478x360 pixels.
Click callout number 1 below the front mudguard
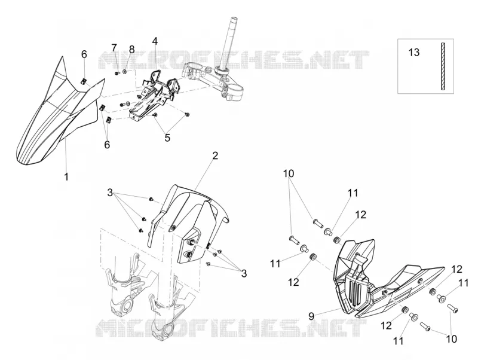point(66,176)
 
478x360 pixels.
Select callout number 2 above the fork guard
point(215,155)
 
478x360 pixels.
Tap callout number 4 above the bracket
point(155,41)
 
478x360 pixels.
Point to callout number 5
point(167,138)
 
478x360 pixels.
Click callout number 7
point(114,48)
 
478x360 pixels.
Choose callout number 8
point(131,49)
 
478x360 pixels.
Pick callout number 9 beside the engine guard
point(311,316)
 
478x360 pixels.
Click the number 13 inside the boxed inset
point(414,53)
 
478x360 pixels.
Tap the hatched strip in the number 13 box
point(443,66)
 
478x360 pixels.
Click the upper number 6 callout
point(84,54)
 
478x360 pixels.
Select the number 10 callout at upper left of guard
point(289,173)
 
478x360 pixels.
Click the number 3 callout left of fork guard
point(110,193)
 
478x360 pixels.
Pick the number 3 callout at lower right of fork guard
point(244,273)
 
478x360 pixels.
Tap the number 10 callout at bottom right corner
point(452,338)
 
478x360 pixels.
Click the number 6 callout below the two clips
point(107,145)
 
